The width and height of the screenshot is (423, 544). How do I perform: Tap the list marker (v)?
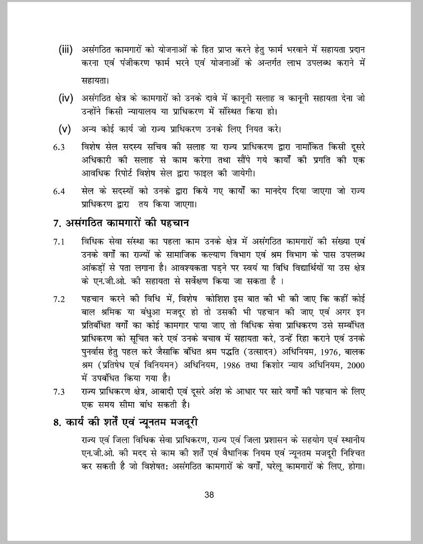click(65, 129)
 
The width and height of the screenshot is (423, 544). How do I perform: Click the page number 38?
click(209, 495)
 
